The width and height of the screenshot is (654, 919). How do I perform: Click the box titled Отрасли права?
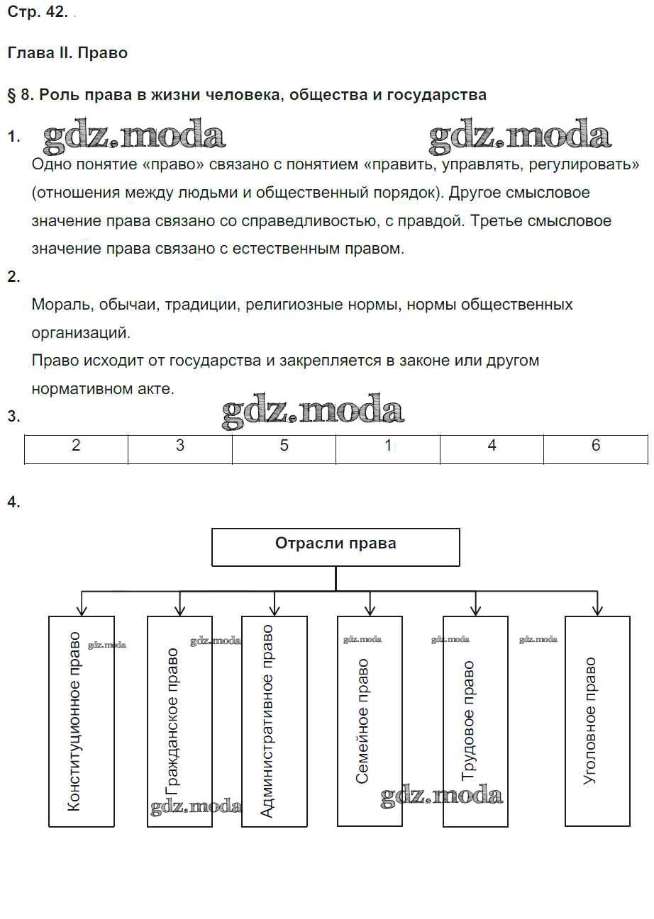pyautogui.click(x=336, y=546)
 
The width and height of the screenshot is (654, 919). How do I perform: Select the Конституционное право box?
pyautogui.click(x=82, y=721)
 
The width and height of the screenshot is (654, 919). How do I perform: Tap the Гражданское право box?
pyautogui.click(x=179, y=721)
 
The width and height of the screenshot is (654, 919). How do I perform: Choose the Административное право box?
pyautogui.click(x=275, y=721)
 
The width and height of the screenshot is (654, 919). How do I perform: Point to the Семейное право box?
pyautogui.click(x=370, y=721)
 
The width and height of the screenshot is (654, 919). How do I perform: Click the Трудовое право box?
pyautogui.click(x=475, y=721)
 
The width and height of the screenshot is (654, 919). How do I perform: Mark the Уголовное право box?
pyautogui.click(x=597, y=721)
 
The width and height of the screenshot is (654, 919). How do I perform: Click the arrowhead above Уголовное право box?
pyautogui.click(x=597, y=610)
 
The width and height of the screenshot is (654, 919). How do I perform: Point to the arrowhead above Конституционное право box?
pyautogui.click(x=82, y=610)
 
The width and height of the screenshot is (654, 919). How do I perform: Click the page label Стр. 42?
pyautogui.click(x=38, y=13)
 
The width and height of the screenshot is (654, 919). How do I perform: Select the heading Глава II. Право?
pyautogui.click(x=67, y=53)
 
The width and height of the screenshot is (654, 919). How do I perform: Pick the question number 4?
pyautogui.click(x=13, y=502)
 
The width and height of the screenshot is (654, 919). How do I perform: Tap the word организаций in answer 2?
pyautogui.click(x=81, y=332)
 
